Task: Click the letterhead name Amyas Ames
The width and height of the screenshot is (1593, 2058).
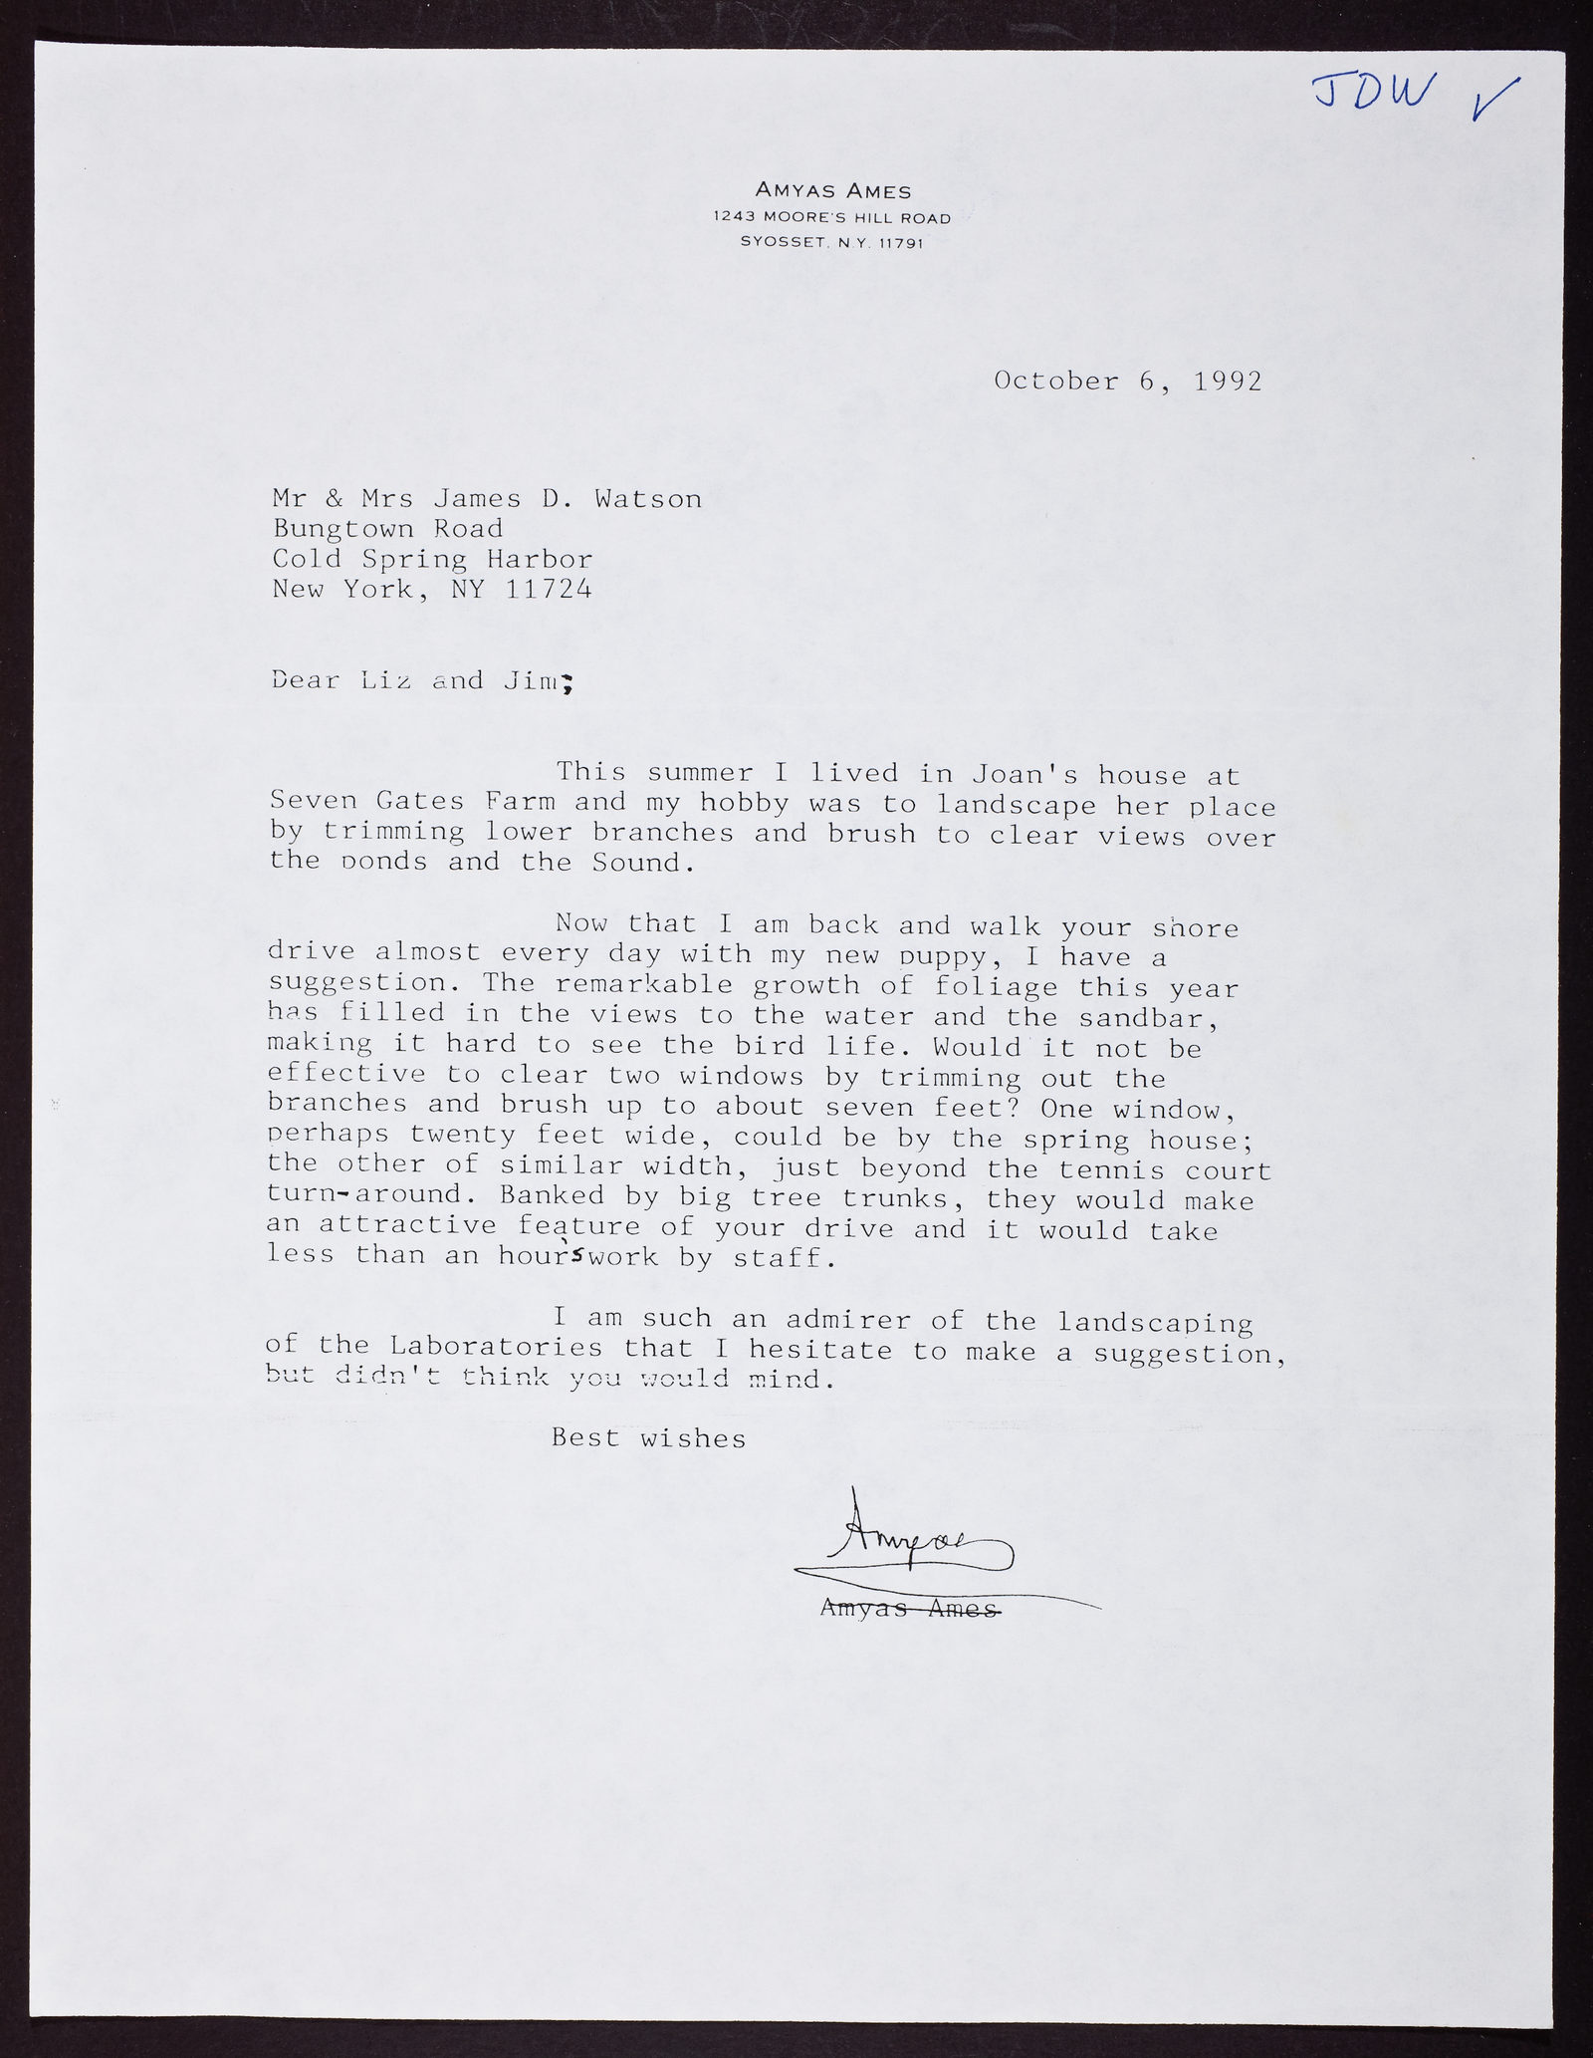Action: click(832, 190)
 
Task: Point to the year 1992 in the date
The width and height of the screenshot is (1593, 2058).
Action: click(1227, 382)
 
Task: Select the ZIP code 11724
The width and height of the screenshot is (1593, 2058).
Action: click(549, 589)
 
